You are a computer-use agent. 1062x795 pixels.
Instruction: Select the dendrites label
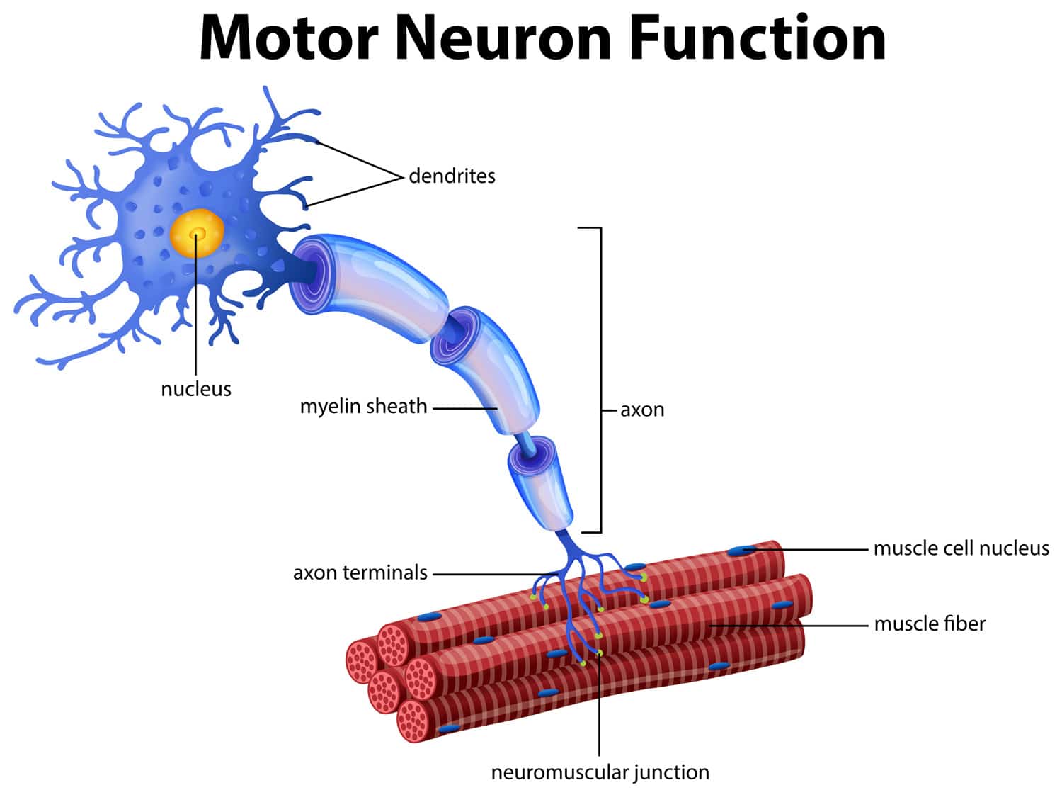coord(452,176)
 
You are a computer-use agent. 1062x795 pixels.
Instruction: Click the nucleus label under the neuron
coord(196,389)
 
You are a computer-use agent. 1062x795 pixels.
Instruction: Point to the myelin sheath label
coord(363,407)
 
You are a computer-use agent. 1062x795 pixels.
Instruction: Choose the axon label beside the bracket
coord(642,410)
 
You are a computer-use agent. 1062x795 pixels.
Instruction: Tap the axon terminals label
coord(360,573)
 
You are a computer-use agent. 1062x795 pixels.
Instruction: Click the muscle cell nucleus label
coord(961,548)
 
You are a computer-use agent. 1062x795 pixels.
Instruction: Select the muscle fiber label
coord(929,624)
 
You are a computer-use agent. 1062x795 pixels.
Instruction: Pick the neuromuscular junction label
coord(600,772)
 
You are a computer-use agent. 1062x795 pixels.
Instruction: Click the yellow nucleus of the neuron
coord(197,232)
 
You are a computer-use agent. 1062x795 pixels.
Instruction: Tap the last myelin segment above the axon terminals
coord(542,485)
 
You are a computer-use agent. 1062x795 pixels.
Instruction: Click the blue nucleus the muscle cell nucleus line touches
coord(742,550)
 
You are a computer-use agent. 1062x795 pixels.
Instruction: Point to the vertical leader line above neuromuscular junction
coord(599,709)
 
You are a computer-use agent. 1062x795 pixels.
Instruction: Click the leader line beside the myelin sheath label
coord(464,408)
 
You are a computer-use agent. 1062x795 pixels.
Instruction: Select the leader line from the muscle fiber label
coord(793,626)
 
